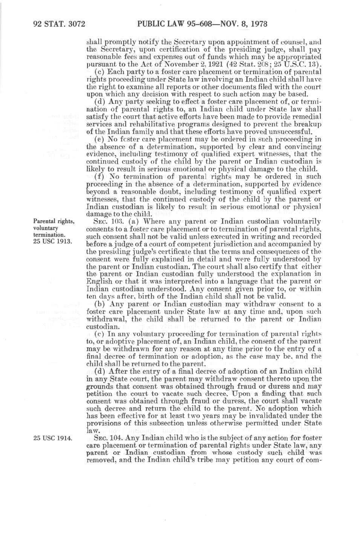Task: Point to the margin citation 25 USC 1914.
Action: click(x=53, y=438)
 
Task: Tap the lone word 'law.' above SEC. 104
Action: click(x=93, y=431)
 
